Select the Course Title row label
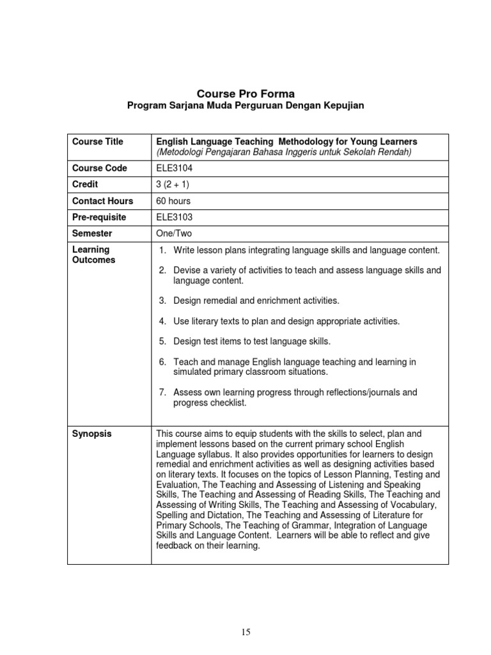(x=98, y=141)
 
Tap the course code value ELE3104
(x=174, y=168)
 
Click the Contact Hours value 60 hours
(x=173, y=201)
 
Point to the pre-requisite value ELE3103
(x=174, y=217)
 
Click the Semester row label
(x=92, y=234)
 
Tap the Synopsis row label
(x=91, y=434)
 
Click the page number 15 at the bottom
(x=246, y=633)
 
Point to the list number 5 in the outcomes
(x=162, y=342)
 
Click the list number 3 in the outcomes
(x=162, y=301)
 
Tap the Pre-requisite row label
(x=99, y=217)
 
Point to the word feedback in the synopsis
(x=175, y=546)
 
